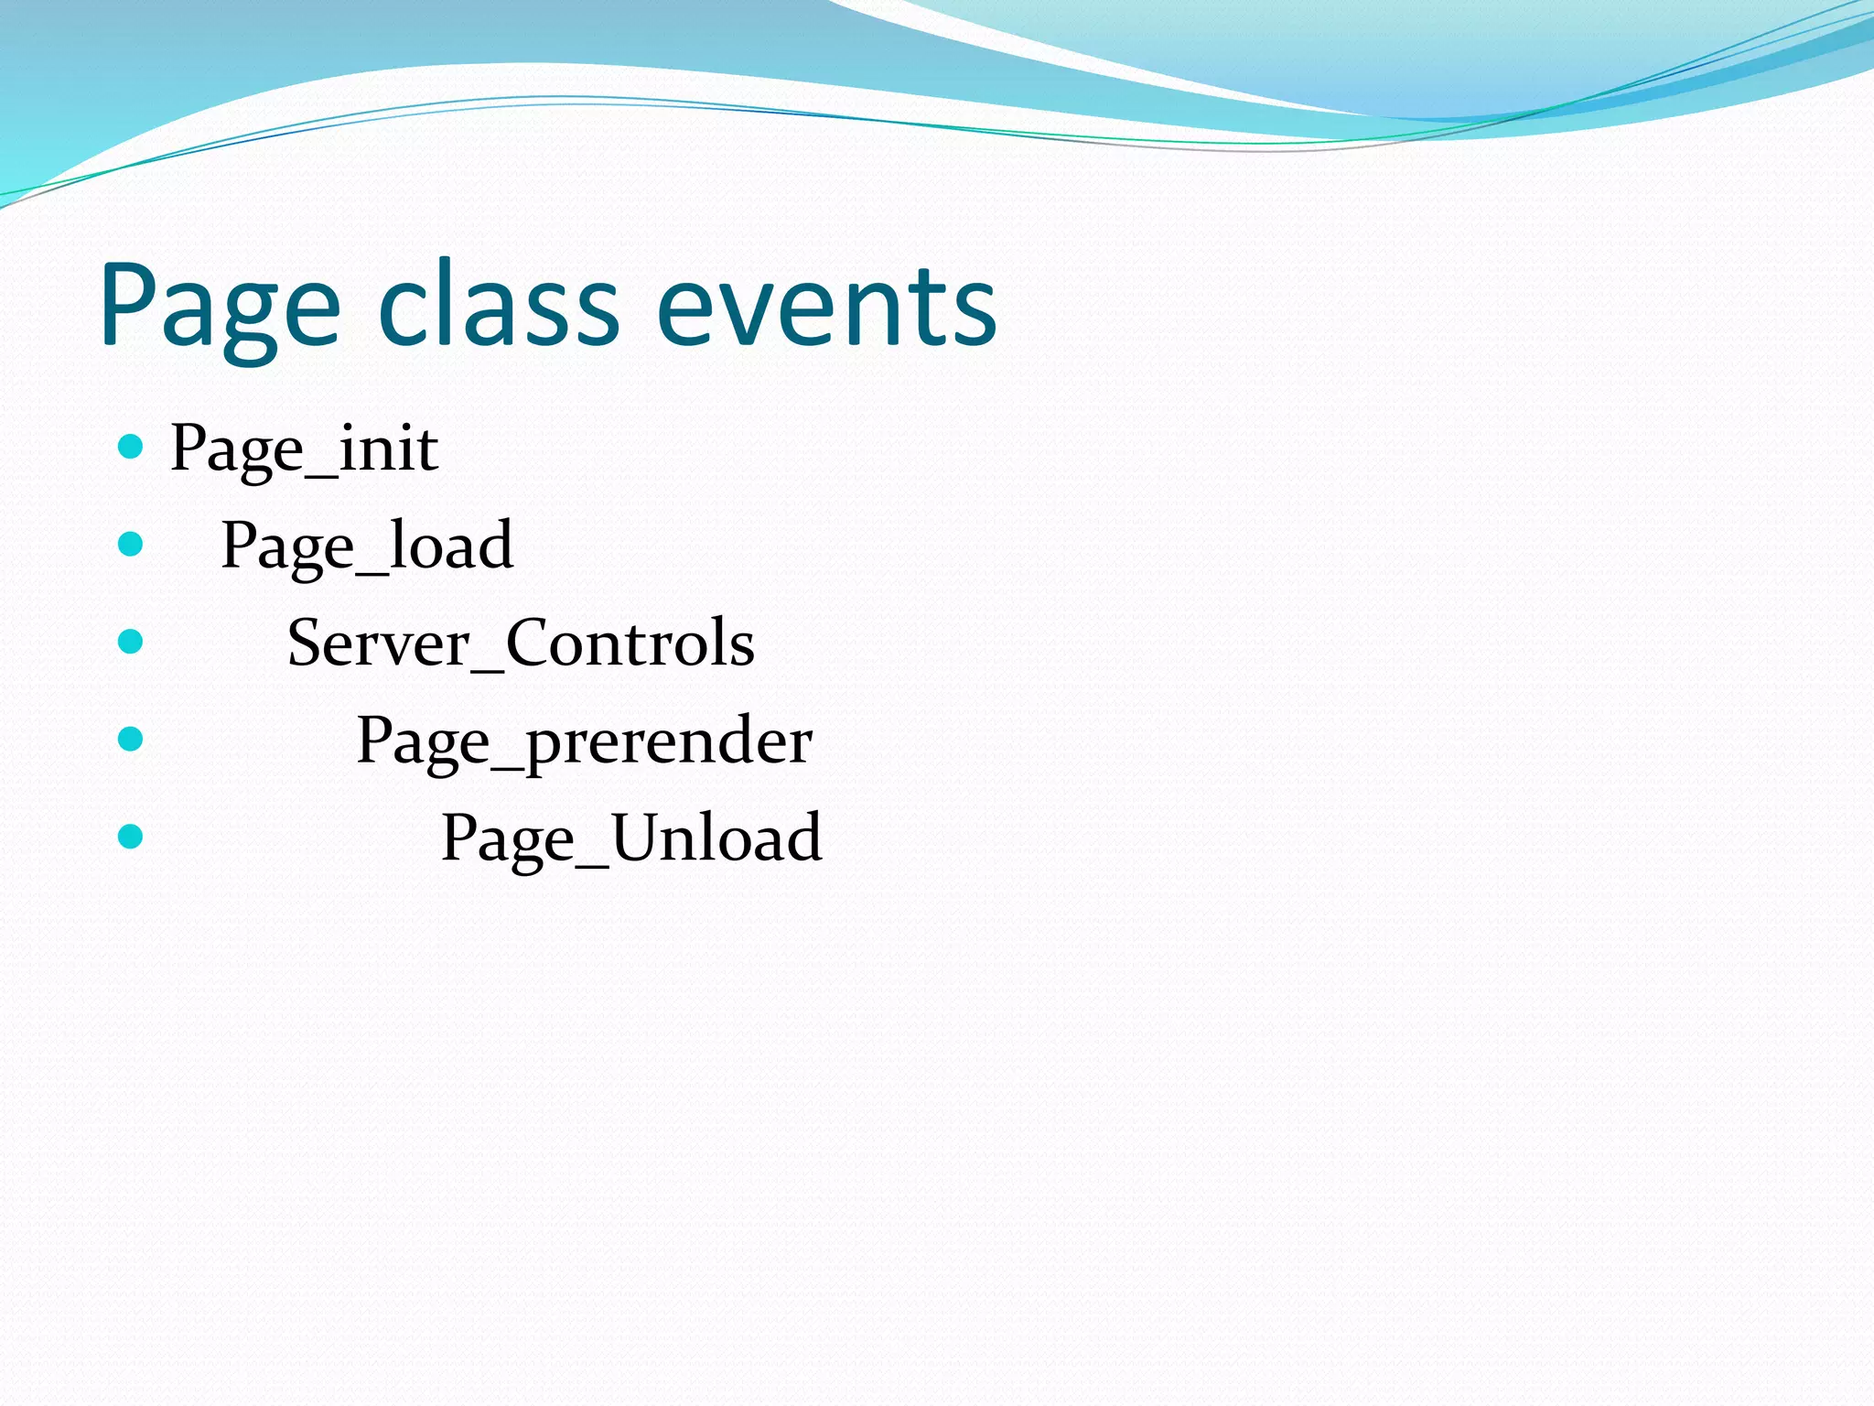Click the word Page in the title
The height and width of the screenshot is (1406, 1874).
(220, 307)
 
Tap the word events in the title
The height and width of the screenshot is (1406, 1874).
(826, 307)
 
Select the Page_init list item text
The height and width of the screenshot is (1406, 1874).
(304, 449)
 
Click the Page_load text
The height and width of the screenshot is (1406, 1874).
(367, 546)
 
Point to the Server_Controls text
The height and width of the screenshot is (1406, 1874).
(521, 644)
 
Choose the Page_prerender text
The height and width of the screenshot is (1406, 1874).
(584, 741)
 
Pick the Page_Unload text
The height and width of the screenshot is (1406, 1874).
(631, 838)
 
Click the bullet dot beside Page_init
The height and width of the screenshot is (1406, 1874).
(131, 447)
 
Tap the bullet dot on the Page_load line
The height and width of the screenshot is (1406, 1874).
(131, 545)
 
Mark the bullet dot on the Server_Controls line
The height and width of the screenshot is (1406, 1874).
(131, 642)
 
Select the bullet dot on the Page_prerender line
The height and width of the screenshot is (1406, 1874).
(131, 739)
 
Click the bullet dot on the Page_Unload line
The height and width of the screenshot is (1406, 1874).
(131, 836)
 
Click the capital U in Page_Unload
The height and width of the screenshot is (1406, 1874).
(640, 838)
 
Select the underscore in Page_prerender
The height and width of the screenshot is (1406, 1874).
(507, 764)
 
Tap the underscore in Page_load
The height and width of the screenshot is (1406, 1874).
(372, 569)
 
